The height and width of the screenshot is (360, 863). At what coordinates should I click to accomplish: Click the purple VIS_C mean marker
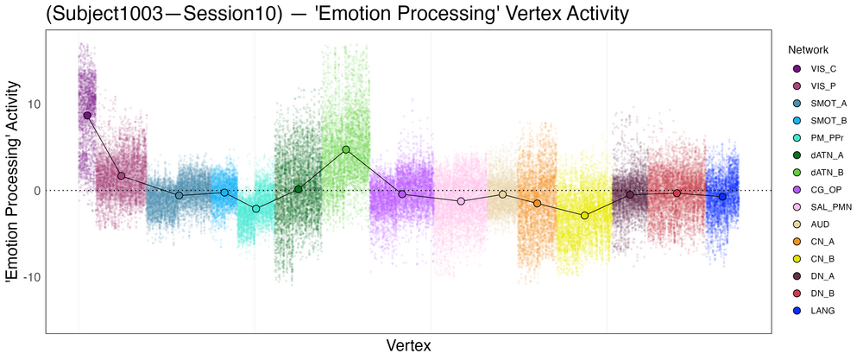pos(87,115)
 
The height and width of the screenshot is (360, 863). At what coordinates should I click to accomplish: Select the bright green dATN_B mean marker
pos(346,149)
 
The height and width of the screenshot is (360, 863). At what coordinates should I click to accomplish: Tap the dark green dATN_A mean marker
pos(299,189)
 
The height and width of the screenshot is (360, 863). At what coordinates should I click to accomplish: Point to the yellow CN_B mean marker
pos(584,215)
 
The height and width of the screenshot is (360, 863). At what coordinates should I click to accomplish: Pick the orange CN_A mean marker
pos(537,203)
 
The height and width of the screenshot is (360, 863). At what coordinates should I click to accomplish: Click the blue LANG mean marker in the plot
pos(722,197)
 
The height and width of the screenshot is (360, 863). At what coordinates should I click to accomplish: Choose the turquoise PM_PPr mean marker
pos(255,209)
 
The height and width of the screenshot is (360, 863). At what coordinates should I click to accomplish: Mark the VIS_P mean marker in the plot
pos(121,175)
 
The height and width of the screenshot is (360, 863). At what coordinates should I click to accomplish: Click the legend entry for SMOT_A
pos(816,104)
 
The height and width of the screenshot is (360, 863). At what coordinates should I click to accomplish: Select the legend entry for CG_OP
pos(816,190)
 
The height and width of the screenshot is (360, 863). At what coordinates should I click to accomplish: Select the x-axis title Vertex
pos(407,345)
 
